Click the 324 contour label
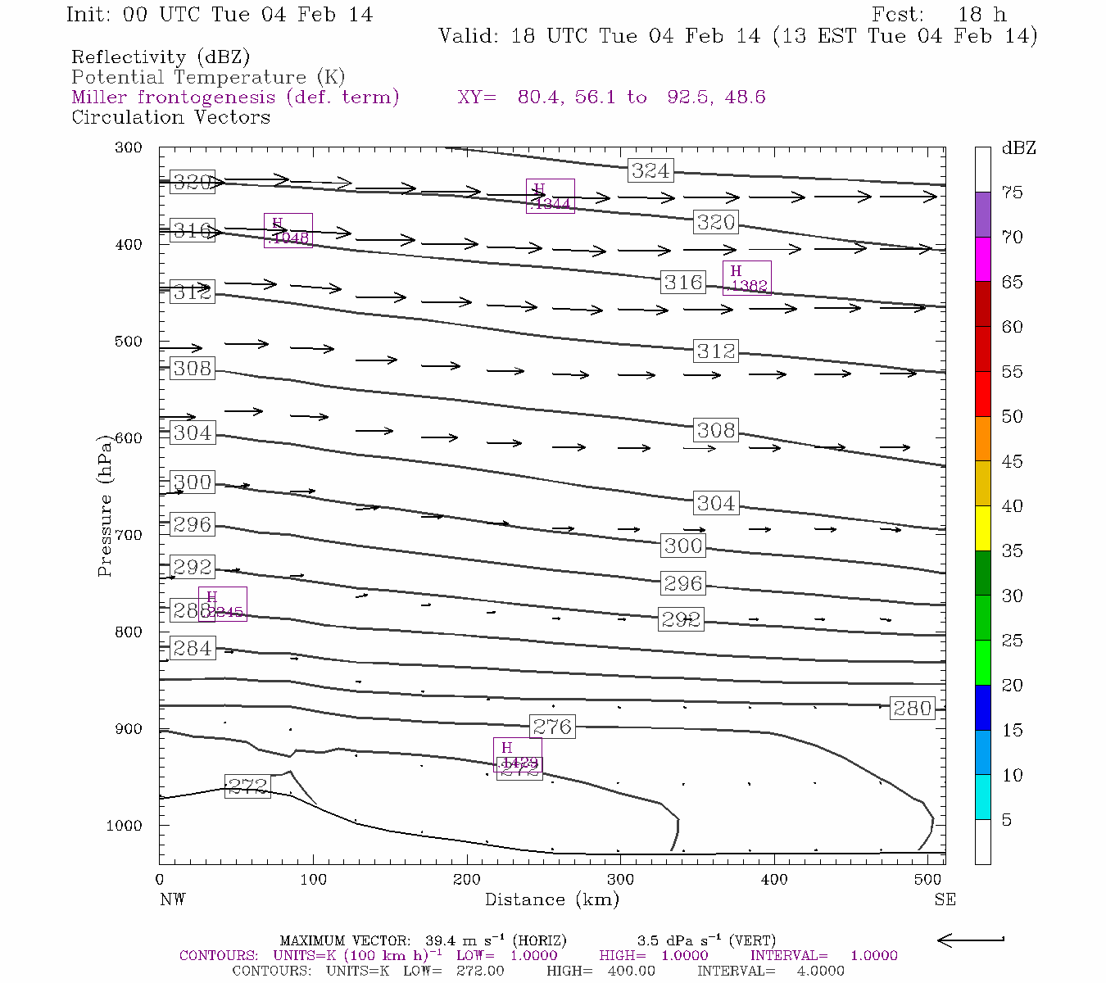click(651, 170)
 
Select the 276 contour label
click(552, 727)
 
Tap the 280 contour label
click(912, 708)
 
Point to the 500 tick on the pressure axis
click(128, 342)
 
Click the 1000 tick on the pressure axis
click(124, 826)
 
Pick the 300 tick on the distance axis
click(620, 880)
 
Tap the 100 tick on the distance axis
click(313, 880)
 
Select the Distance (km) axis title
click(551, 899)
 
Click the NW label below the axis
click(172, 899)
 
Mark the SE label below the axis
click(945, 899)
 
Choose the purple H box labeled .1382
click(746, 279)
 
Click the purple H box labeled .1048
click(288, 230)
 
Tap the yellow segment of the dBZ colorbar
click(982, 528)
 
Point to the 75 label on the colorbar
click(1012, 193)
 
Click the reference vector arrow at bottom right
click(971, 940)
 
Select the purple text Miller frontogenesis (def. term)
click(235, 97)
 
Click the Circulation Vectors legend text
click(170, 117)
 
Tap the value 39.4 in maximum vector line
click(440, 940)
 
